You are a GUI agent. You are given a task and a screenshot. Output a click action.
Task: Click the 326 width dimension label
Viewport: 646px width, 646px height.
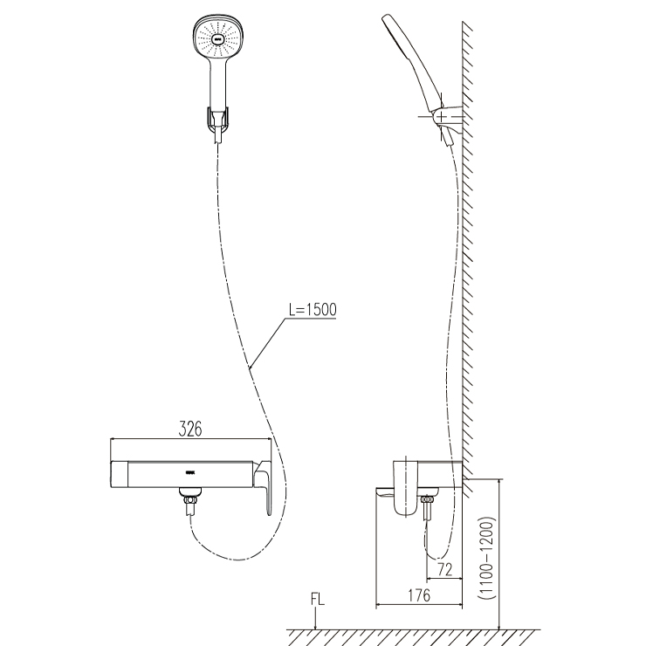tap(191, 429)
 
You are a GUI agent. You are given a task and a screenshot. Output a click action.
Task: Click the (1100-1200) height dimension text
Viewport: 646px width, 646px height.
tap(486, 554)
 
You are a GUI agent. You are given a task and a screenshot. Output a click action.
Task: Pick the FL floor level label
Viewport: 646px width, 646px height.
tap(316, 601)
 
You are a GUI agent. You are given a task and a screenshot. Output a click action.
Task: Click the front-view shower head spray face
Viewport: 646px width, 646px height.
tap(216, 38)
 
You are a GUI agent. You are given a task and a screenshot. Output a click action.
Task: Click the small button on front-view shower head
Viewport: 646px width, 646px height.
tap(216, 38)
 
